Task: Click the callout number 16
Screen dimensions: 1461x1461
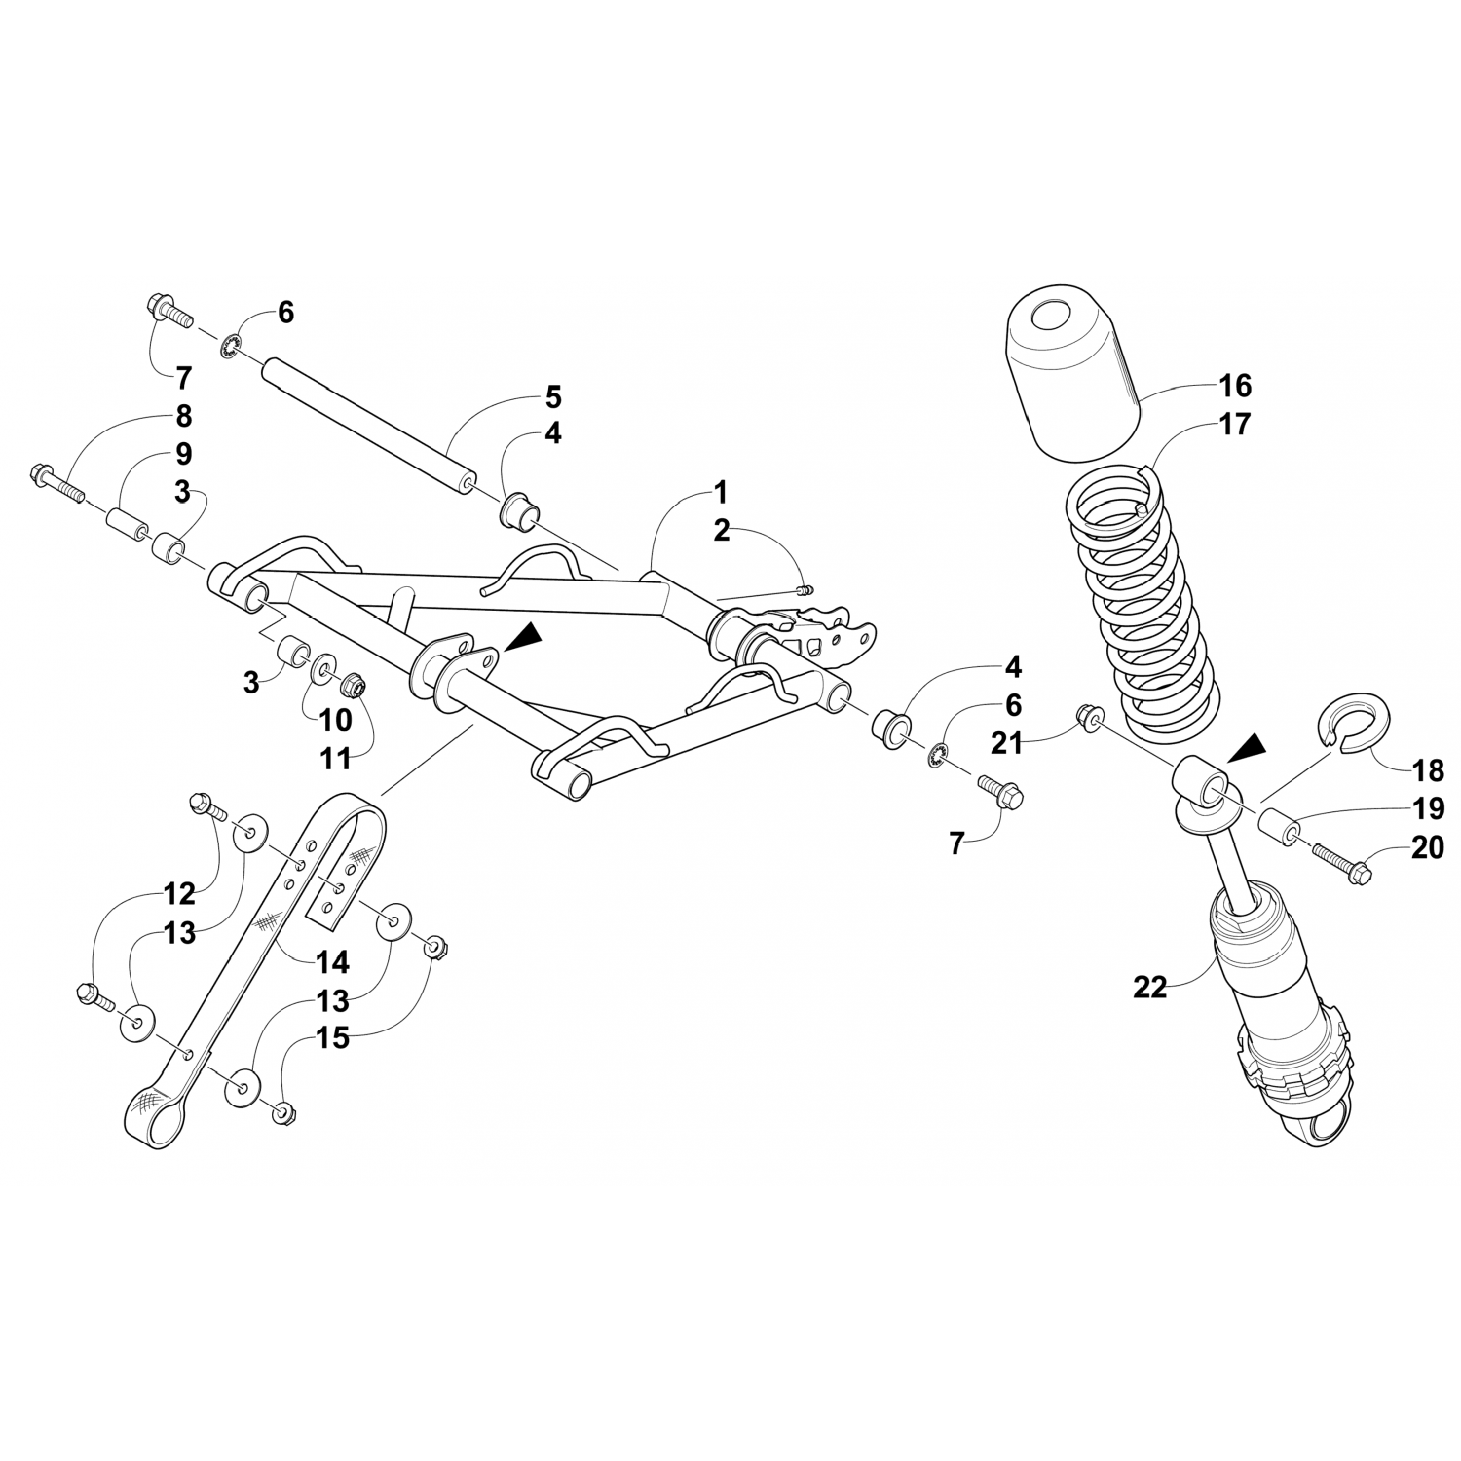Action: [1234, 386]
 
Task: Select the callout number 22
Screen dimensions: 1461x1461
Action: [1149, 987]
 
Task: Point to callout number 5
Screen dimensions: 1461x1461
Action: [552, 397]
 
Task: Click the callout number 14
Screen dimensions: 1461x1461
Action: [332, 962]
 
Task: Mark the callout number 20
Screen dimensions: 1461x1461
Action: [1427, 847]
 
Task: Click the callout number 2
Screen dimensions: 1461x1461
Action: [721, 530]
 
